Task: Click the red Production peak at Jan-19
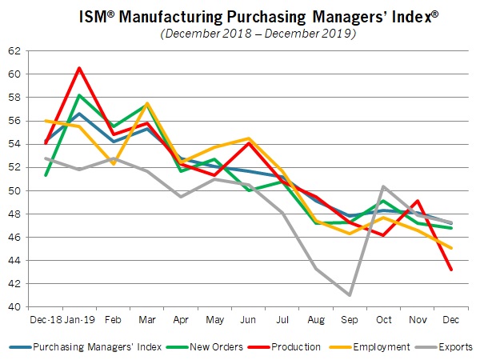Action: tap(78, 68)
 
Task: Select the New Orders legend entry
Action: tap(211, 347)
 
